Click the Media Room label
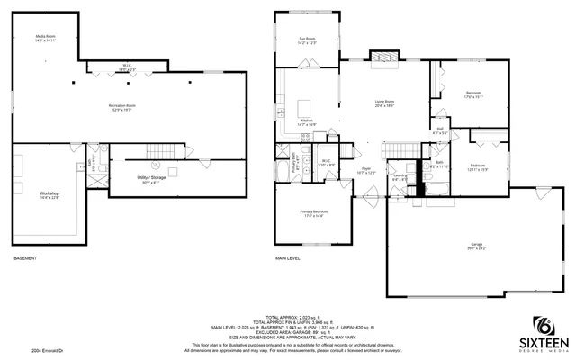click(46, 39)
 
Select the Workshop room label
click(49, 195)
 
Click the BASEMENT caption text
click(25, 258)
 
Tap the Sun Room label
click(307, 40)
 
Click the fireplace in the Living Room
click(384, 58)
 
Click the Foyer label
click(366, 169)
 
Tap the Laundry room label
click(399, 177)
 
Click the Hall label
click(441, 131)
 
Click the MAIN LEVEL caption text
click(288, 258)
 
